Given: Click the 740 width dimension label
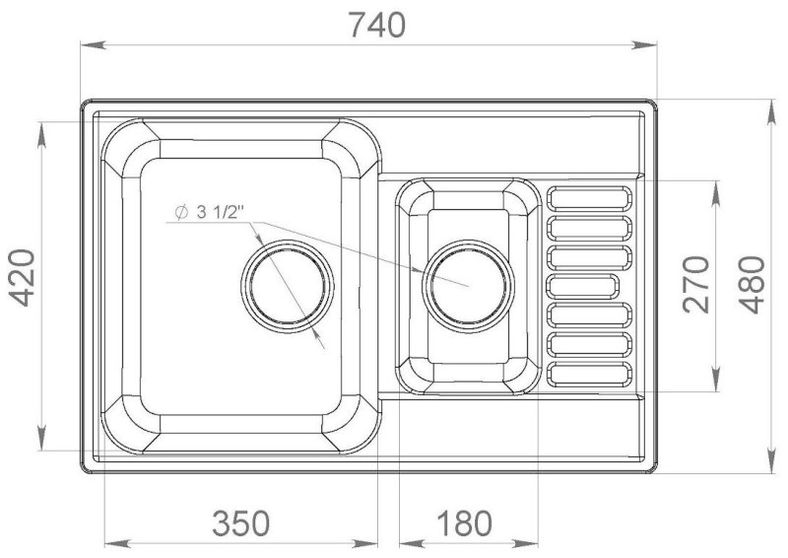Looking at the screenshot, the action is (377, 26).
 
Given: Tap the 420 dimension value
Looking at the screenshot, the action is (24, 278).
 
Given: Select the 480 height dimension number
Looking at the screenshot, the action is (753, 285).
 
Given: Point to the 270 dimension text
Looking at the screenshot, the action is (696, 284).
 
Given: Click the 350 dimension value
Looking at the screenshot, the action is (240, 523).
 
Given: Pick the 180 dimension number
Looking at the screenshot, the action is (464, 523).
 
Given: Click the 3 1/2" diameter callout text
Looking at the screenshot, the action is (220, 212).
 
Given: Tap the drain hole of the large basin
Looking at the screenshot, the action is (287, 286).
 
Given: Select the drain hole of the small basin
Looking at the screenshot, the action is (469, 286).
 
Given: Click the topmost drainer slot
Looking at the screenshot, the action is (588, 198).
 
